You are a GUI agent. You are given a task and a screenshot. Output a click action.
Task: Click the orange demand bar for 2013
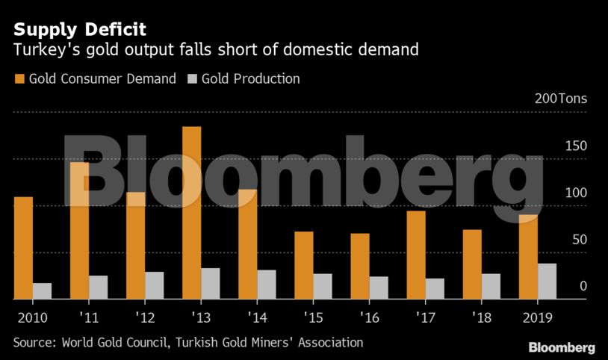tap(191, 213)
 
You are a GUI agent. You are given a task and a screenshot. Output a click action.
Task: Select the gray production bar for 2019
tap(547, 281)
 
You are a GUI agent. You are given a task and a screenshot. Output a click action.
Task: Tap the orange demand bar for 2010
tap(23, 248)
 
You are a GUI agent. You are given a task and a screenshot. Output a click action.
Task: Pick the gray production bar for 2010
tap(42, 291)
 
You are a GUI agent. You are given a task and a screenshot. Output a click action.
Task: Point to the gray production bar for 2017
tap(435, 288)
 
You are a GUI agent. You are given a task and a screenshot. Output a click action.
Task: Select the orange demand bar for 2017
tap(416, 255)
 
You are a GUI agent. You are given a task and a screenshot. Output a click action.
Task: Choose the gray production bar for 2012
tap(154, 285)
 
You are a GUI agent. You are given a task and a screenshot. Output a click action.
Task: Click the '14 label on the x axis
tap(257, 317)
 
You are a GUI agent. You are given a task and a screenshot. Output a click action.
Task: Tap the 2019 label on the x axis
tap(537, 317)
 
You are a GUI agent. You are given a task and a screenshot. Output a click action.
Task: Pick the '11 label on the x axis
tap(89, 317)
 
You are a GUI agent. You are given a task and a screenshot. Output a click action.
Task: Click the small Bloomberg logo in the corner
tap(562, 348)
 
